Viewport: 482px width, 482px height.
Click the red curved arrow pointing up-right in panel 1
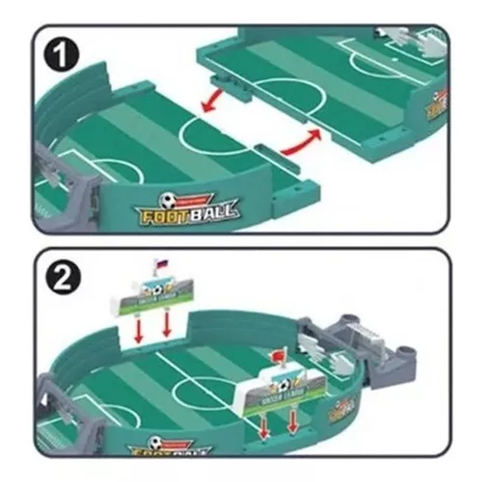click(303, 144)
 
